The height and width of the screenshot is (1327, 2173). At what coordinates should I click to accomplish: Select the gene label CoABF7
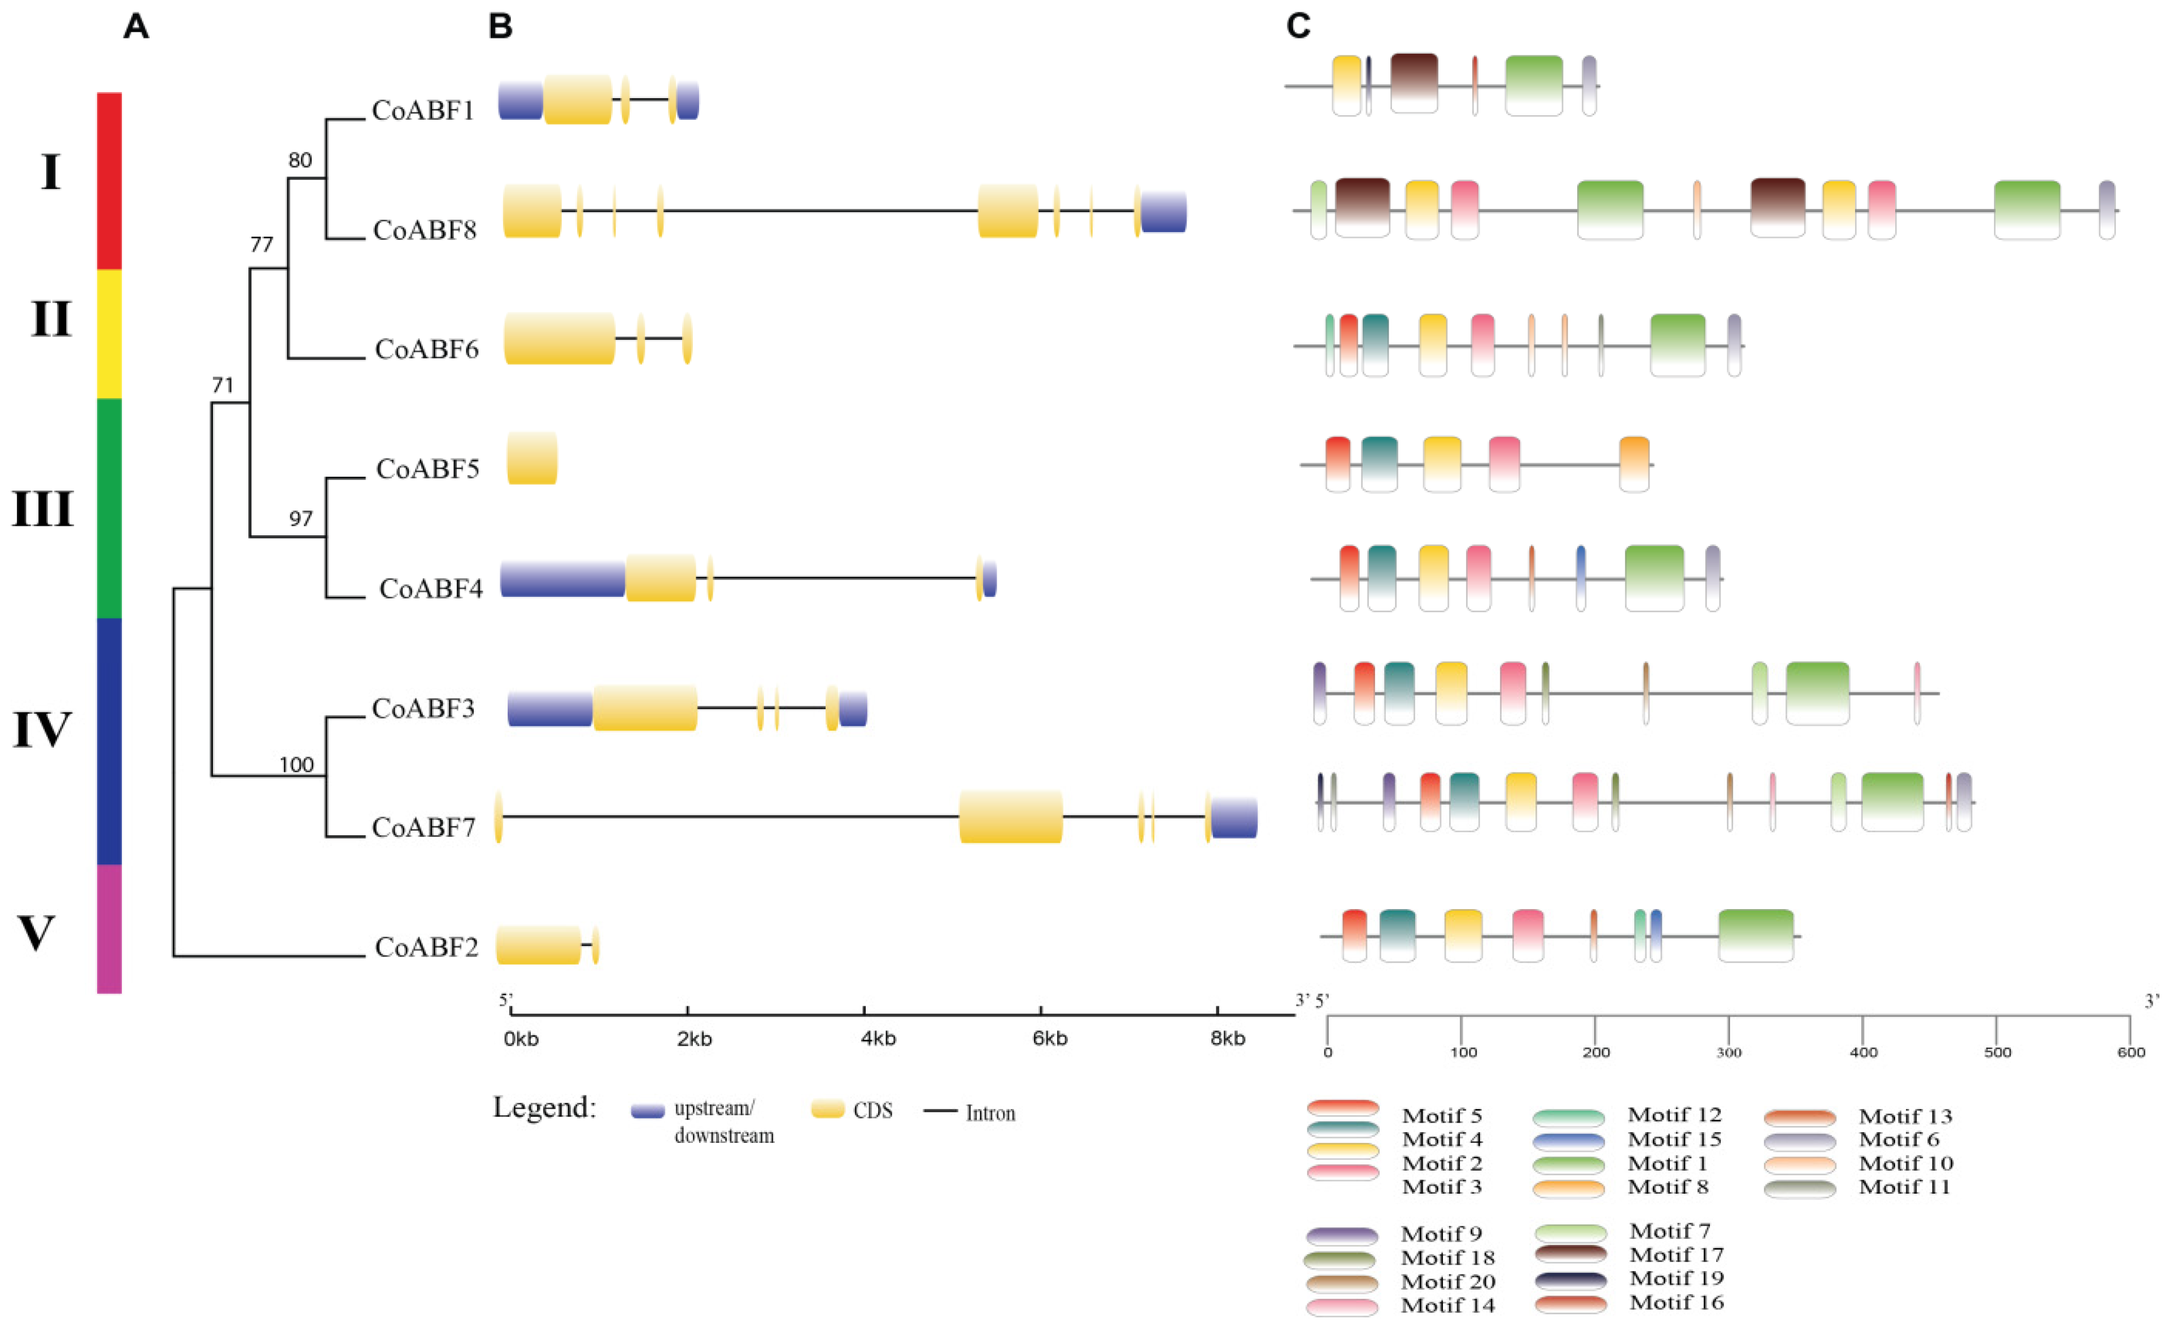pyautogui.click(x=424, y=827)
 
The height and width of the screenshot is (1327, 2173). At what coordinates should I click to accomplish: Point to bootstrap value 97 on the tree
pyautogui.click(x=301, y=518)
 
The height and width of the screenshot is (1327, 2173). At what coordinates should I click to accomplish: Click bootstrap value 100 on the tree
pyautogui.click(x=296, y=765)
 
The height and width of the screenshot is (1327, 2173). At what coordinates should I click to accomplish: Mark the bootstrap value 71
pyautogui.click(x=222, y=385)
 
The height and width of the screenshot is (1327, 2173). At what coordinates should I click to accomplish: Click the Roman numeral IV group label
pyautogui.click(x=41, y=730)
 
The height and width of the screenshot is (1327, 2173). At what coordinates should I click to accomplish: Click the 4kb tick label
pyautogui.click(x=878, y=1038)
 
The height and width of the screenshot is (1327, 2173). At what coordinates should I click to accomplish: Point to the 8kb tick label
pyautogui.click(x=1227, y=1038)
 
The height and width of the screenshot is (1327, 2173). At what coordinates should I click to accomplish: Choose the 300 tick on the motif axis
pyautogui.click(x=1729, y=1052)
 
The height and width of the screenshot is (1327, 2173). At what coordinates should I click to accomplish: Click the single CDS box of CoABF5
pyautogui.click(x=532, y=457)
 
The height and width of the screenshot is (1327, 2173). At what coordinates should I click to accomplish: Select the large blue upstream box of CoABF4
pyautogui.click(x=562, y=578)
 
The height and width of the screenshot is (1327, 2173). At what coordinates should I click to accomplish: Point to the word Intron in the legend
pyautogui.click(x=989, y=1113)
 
